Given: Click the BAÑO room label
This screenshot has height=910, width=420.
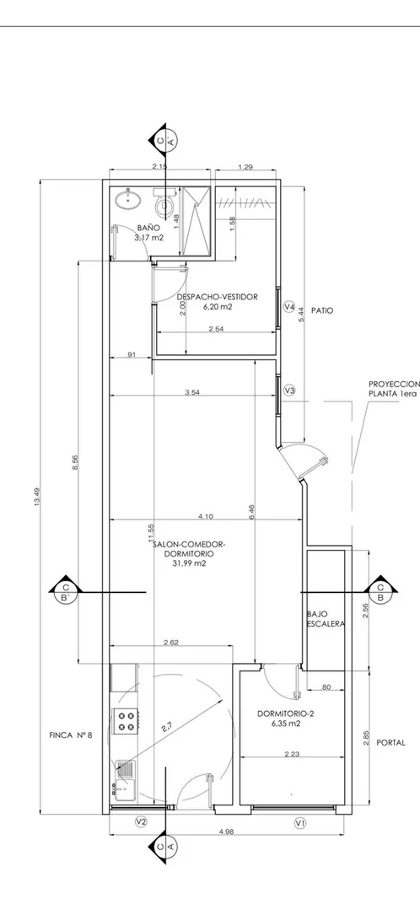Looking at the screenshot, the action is pyautogui.click(x=148, y=228).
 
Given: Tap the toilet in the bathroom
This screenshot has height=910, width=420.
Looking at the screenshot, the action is pyautogui.click(x=164, y=202).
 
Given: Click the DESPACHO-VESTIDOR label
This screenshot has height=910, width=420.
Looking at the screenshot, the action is pyautogui.click(x=217, y=297).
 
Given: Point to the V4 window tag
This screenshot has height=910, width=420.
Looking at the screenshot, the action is pyautogui.click(x=290, y=306).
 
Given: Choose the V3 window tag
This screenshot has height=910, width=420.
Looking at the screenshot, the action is pyautogui.click(x=290, y=390).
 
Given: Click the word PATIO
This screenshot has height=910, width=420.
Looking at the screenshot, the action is pyautogui.click(x=322, y=310).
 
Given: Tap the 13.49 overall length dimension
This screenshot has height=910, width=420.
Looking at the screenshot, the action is pyautogui.click(x=37, y=497).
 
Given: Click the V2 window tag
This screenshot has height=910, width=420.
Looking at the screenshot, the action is pyautogui.click(x=140, y=821).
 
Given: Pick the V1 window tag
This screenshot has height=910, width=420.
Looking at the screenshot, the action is pyautogui.click(x=300, y=821).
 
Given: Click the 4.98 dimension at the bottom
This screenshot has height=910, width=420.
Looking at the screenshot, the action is pyautogui.click(x=227, y=831).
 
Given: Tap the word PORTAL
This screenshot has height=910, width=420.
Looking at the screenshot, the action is pyautogui.click(x=391, y=742).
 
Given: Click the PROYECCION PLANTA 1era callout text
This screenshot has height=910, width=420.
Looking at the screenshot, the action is pyautogui.click(x=394, y=388).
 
